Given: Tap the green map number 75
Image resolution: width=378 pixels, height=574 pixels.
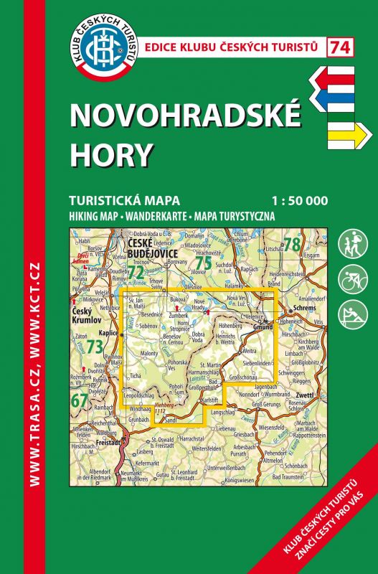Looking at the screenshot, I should (204, 262).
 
